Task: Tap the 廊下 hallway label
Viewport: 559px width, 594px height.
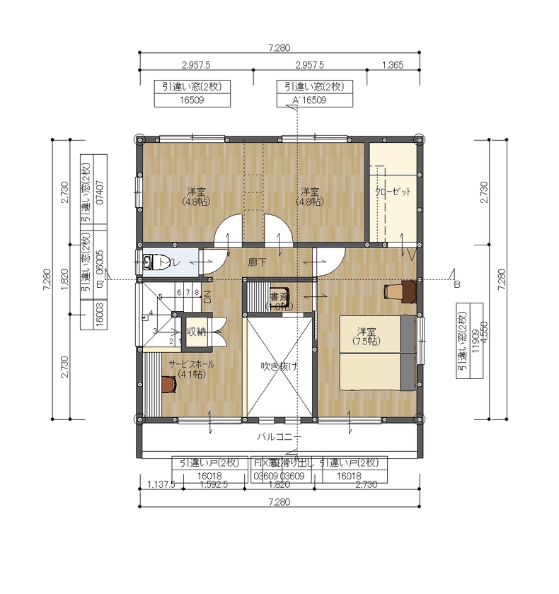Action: [x=257, y=262]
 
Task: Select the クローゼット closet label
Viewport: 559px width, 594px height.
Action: [x=393, y=192]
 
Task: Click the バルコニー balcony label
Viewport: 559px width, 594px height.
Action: [x=279, y=436]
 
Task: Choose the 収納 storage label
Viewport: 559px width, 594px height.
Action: [x=196, y=332]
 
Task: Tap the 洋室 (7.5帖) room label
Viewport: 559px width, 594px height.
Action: [x=365, y=336]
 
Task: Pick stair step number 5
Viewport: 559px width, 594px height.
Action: [x=161, y=296]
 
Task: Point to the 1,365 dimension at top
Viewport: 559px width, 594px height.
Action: [x=393, y=65]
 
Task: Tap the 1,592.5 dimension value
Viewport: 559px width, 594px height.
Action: [x=213, y=485]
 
